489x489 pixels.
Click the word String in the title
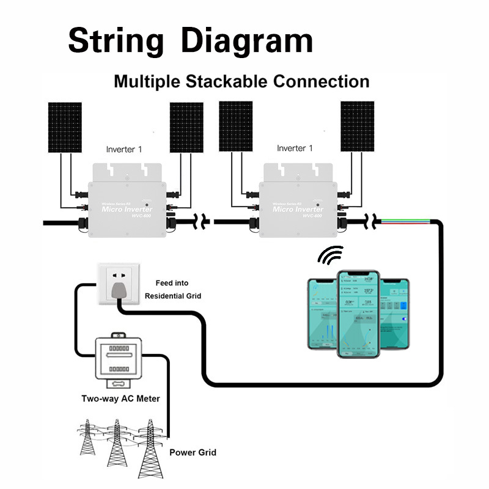[x=116, y=42]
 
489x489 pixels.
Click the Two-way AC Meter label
[x=120, y=399]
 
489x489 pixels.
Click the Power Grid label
[x=193, y=453]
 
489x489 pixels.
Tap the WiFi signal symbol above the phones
[x=331, y=255]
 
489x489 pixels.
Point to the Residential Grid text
[x=173, y=296]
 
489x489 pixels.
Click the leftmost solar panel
[x=65, y=127]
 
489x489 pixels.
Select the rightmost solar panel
[x=358, y=127]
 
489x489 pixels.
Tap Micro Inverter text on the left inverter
[x=127, y=210]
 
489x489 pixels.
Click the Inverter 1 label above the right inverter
[x=295, y=149]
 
